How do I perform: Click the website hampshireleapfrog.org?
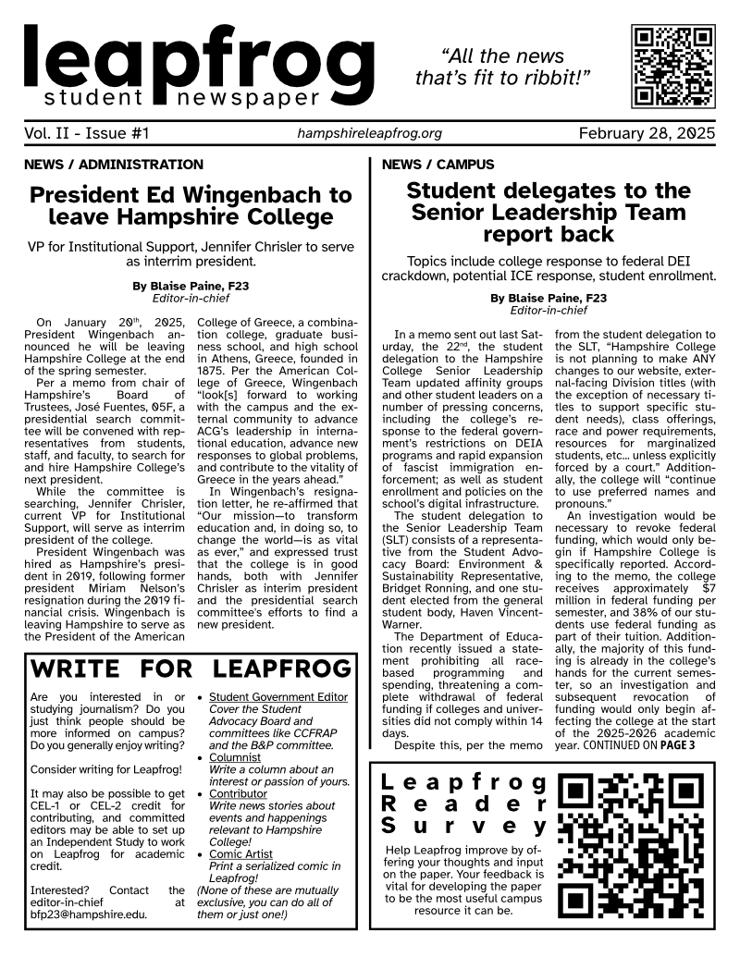click(x=369, y=134)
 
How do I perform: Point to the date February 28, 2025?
click(x=647, y=134)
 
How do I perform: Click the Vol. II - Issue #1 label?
click(x=87, y=134)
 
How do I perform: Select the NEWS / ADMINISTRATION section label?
click(x=116, y=165)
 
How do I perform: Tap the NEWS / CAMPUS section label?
click(x=438, y=165)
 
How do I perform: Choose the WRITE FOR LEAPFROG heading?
click(x=191, y=669)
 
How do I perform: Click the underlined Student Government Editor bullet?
click(x=278, y=697)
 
